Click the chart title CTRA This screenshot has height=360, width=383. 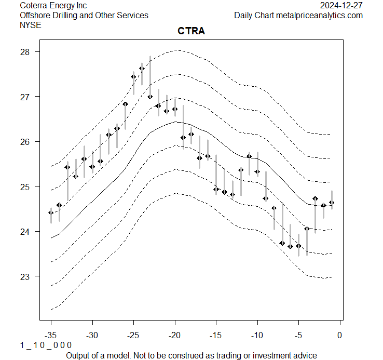click(191, 32)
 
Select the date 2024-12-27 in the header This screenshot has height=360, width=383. click(341, 5)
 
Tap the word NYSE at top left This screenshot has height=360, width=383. click(30, 25)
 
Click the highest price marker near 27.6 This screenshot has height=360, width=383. click(142, 69)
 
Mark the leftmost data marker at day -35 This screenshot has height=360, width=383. click(51, 212)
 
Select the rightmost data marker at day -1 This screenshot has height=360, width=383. click(332, 203)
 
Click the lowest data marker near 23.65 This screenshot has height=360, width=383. click(290, 246)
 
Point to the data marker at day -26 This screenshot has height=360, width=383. click(125, 104)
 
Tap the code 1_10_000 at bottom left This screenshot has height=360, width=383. click(46, 345)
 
